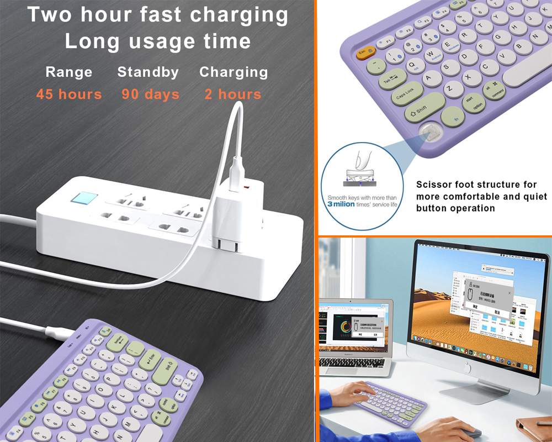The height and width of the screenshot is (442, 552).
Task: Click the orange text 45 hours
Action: coord(69,94)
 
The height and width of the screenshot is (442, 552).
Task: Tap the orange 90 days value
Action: coord(150,94)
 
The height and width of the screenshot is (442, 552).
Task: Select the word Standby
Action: coord(148,72)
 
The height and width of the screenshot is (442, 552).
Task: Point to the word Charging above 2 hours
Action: coord(233,72)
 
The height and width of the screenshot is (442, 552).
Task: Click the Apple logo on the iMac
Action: coord(468,366)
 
